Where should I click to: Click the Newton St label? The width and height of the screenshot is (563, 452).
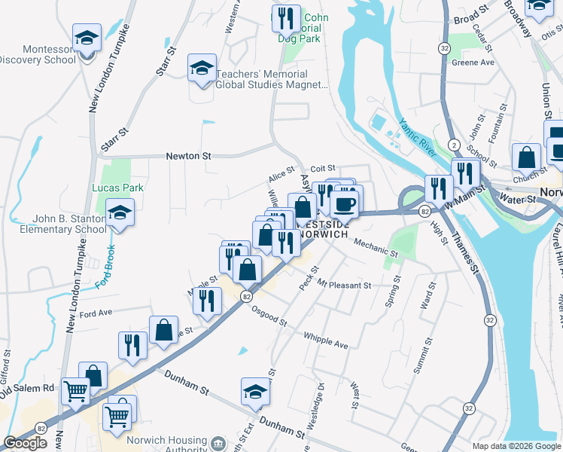(188, 156)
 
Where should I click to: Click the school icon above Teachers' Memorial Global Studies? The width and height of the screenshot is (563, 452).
(202, 68)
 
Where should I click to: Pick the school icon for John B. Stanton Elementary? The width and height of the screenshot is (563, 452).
(120, 212)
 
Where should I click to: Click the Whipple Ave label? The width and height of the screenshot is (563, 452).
(325, 340)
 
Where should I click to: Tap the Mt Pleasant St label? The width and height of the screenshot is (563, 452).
(344, 286)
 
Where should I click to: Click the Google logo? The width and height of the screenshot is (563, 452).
(26, 443)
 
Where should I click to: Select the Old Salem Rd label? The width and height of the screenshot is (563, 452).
(28, 389)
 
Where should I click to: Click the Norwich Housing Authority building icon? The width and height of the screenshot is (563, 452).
(218, 442)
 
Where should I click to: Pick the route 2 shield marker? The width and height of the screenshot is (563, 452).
(454, 144)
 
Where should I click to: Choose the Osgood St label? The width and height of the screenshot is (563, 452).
(269, 315)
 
